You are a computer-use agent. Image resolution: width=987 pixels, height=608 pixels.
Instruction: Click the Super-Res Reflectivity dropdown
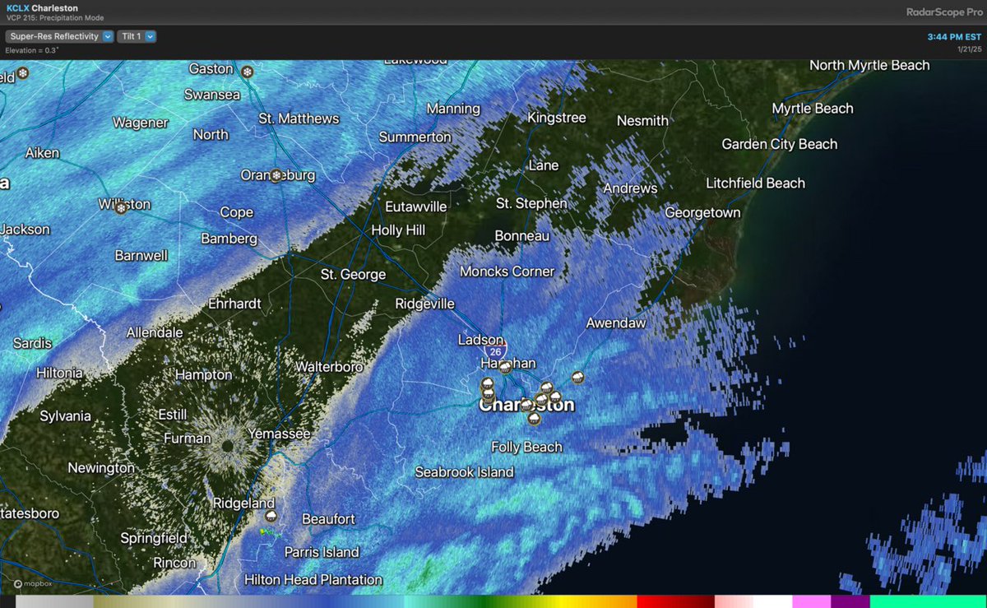click(x=59, y=36)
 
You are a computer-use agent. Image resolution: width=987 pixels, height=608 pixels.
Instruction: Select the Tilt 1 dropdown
click(x=137, y=36)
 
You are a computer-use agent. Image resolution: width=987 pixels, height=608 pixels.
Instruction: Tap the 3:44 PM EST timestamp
click(x=954, y=37)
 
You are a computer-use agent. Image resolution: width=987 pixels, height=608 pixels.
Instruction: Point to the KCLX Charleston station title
click(x=42, y=8)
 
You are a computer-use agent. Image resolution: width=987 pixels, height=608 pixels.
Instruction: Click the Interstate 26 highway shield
click(x=495, y=351)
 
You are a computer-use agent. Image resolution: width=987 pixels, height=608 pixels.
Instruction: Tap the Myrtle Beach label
click(x=812, y=109)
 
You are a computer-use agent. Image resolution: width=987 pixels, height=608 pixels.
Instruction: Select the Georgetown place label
click(x=702, y=212)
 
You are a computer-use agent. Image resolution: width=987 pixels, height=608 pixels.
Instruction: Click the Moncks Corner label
click(x=507, y=271)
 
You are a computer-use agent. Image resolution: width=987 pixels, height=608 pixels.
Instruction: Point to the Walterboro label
click(x=329, y=366)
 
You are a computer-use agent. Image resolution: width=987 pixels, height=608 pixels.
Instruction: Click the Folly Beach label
click(x=526, y=447)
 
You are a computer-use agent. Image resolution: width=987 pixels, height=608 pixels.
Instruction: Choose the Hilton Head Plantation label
click(x=313, y=579)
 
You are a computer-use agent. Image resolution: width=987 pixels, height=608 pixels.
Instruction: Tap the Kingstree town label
click(x=557, y=118)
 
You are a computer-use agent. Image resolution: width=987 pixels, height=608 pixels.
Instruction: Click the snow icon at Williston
click(x=121, y=208)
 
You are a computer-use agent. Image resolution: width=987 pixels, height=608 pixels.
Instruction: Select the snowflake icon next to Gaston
click(x=247, y=72)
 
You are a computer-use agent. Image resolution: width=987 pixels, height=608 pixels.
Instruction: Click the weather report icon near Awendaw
click(x=578, y=378)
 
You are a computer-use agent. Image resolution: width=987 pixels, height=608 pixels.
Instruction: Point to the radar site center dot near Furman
click(x=227, y=445)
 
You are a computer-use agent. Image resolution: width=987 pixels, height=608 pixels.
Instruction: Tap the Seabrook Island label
click(x=464, y=471)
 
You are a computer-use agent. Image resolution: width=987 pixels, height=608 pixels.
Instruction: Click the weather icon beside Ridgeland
click(x=271, y=516)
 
